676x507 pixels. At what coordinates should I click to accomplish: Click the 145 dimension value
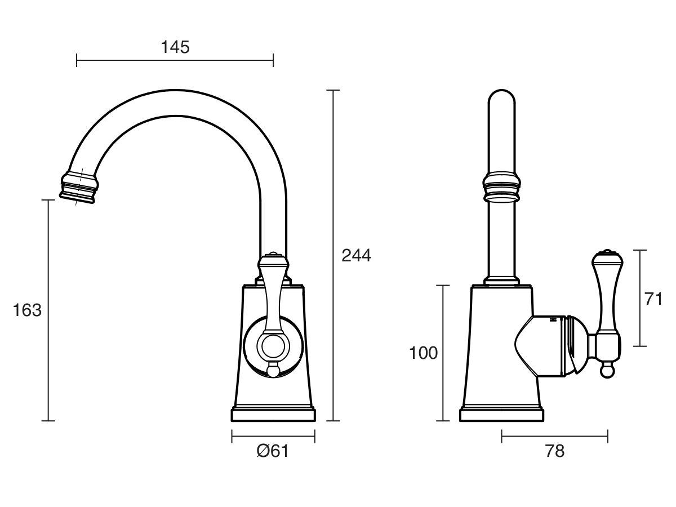(175, 47)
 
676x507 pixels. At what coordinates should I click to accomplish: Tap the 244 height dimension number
(357, 255)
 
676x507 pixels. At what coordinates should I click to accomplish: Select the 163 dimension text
(27, 310)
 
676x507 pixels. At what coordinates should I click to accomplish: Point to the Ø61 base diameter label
(273, 451)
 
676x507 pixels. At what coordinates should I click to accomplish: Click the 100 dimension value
(424, 353)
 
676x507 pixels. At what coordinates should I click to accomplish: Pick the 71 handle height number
(653, 299)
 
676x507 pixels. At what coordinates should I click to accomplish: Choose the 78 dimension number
(555, 451)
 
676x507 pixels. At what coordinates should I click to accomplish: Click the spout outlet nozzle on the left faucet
(79, 187)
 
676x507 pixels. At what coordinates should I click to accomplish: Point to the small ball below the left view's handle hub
(273, 370)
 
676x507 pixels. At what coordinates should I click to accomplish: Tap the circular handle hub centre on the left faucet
(273, 346)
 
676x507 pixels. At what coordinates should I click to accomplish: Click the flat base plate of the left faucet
(273, 415)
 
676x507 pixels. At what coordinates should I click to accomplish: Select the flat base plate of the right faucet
(502, 415)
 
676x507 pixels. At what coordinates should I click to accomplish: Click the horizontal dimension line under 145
(175, 60)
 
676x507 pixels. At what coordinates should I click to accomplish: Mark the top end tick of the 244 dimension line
(333, 90)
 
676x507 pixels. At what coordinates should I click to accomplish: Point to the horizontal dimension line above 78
(555, 436)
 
